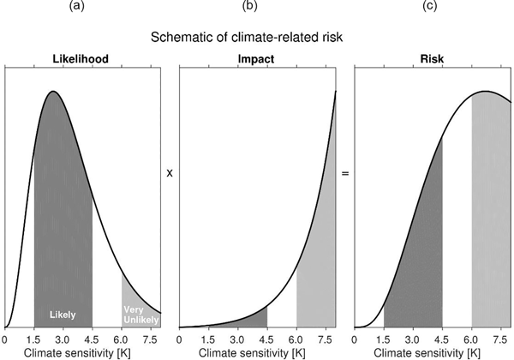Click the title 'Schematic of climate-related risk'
pos(256,38)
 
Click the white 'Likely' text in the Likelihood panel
pos(63,314)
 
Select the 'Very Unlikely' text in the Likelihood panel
pos(140,314)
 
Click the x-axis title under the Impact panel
pos(258,352)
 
